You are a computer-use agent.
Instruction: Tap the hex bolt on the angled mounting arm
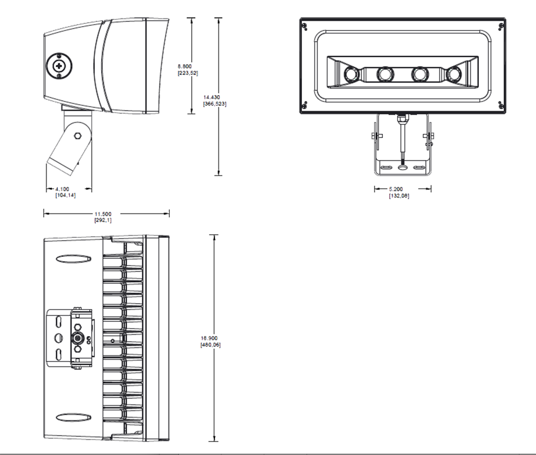tap(77, 136)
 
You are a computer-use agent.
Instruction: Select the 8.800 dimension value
tap(186, 66)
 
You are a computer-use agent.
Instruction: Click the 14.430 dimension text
tap(214, 97)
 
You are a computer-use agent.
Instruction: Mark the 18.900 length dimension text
tap(210, 338)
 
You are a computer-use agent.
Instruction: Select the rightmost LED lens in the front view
tap(456, 74)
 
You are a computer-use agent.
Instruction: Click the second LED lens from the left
tap(385, 74)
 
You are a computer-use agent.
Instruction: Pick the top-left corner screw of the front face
tap(305, 26)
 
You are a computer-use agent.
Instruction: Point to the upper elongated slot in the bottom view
tap(73, 259)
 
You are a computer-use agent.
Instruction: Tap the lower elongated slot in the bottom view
tap(73, 416)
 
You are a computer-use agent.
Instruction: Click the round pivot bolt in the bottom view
tap(77, 338)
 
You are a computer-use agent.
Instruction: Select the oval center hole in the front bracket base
tap(403, 168)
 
